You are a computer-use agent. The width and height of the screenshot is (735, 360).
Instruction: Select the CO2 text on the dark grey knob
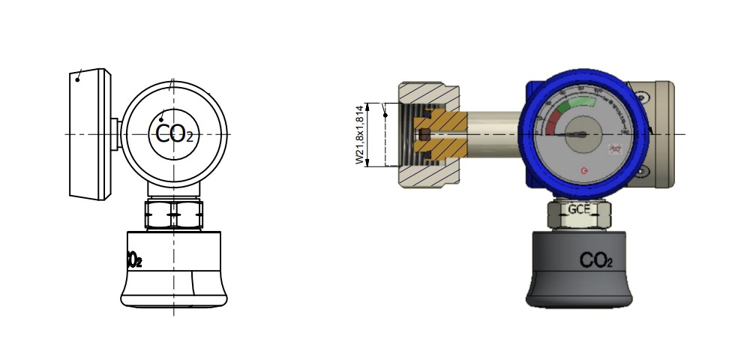click(596, 261)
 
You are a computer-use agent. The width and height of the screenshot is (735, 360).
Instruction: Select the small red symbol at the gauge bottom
click(585, 172)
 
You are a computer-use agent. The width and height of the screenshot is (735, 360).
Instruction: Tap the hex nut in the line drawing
click(173, 215)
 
